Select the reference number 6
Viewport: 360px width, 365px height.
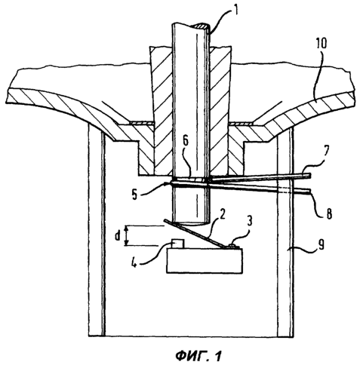tap(185, 144)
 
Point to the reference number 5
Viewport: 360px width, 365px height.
tap(135, 194)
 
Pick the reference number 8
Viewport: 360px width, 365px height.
tap(328, 213)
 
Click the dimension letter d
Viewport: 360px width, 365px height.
tap(118, 235)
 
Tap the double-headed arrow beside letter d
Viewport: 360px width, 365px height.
tap(127, 235)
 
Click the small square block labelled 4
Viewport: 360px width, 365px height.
tap(177, 244)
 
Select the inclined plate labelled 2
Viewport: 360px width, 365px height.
tap(196, 234)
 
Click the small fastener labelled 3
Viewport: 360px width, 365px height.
tap(233, 245)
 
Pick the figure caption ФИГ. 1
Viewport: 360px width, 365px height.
tap(198, 356)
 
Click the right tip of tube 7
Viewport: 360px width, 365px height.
tap(309, 176)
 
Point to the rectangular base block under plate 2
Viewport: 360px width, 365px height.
tap(205, 260)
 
